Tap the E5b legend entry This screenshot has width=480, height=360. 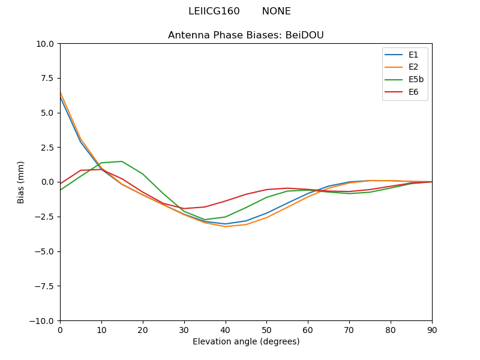click(416, 79)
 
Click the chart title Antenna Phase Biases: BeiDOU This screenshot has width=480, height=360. click(246, 35)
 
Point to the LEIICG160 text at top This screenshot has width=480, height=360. click(214, 11)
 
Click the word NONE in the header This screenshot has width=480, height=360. click(276, 11)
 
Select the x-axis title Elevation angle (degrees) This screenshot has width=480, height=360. click(246, 342)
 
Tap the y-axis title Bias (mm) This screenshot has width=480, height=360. click(21, 182)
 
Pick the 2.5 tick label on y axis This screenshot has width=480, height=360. click(48, 148)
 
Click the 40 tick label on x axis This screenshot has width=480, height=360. click(225, 329)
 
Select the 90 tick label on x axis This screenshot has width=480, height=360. click(432, 329)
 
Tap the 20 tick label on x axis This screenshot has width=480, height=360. click(143, 329)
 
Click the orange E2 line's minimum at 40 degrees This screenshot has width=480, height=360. click(225, 226)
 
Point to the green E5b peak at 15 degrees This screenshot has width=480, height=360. click(122, 161)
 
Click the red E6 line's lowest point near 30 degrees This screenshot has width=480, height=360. click(184, 208)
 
